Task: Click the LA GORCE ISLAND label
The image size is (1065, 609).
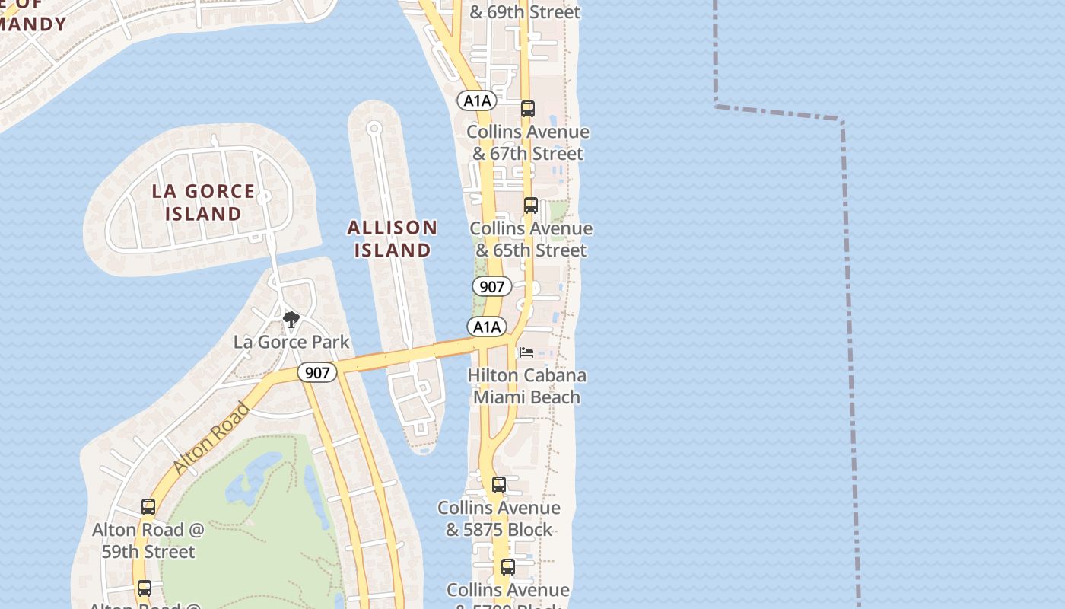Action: point(203,202)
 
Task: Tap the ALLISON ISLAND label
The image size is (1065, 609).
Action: point(393,238)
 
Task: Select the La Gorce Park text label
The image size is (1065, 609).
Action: point(291,342)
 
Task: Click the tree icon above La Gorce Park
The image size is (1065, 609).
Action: point(291,320)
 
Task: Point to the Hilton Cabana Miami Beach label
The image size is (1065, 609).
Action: point(526,386)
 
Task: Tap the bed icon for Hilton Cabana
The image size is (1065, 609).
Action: point(526,352)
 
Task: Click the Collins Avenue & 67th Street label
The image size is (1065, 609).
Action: point(528,142)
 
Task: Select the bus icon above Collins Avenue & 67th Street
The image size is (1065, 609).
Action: point(528,109)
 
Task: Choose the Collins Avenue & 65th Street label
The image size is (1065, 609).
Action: point(531,239)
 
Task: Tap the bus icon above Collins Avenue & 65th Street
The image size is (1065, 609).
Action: point(531,206)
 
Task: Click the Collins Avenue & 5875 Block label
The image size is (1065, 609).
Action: point(499,518)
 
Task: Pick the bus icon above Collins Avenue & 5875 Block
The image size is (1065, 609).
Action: point(499,485)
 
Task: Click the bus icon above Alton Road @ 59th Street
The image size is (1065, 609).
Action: point(148,507)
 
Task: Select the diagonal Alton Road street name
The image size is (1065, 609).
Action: point(211,438)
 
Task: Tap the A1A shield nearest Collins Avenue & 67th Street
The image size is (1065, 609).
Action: point(477,100)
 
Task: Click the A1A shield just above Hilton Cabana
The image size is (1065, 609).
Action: point(487,327)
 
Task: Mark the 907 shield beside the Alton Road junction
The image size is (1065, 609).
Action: point(316,373)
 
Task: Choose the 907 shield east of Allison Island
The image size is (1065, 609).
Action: point(492,287)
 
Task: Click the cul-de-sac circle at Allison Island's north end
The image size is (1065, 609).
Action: point(374,127)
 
